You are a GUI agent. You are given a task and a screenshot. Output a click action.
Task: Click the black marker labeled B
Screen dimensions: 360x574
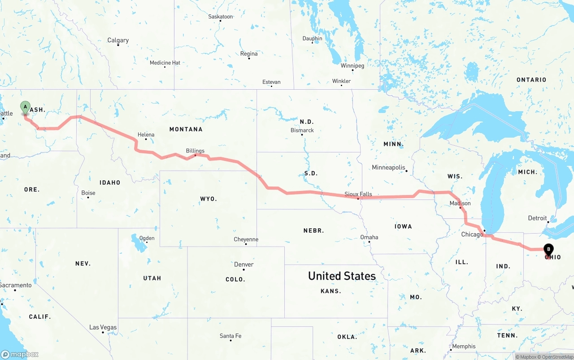tap(548, 250)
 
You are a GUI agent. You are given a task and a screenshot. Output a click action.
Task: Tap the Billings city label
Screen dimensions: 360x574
tap(195, 151)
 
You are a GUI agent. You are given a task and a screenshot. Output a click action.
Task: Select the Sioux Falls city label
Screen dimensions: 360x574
tap(358, 194)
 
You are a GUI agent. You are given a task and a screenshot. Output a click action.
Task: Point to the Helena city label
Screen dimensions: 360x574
tap(146, 134)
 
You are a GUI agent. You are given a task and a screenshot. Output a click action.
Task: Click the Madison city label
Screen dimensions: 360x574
tap(460, 203)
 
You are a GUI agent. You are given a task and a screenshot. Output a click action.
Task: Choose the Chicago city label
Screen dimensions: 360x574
tap(472, 234)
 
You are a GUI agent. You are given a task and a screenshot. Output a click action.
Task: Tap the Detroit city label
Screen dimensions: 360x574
tap(537, 218)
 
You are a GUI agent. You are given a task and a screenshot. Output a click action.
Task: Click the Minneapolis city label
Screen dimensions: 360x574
tap(388, 168)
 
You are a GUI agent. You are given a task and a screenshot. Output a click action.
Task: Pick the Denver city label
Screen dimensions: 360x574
tap(244, 265)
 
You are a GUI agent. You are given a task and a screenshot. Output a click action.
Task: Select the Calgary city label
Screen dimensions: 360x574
tap(118, 40)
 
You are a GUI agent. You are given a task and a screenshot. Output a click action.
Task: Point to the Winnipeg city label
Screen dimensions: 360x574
tap(352, 65)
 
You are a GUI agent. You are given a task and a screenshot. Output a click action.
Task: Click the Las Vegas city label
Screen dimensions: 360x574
tap(103, 327)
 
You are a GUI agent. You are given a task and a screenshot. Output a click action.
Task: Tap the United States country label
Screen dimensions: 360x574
tap(342, 276)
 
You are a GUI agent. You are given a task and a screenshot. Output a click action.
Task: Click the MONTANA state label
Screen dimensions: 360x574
tap(186, 129)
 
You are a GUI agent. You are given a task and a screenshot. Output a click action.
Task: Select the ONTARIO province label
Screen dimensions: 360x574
tap(531, 80)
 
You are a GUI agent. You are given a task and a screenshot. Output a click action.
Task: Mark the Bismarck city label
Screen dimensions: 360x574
tap(302, 130)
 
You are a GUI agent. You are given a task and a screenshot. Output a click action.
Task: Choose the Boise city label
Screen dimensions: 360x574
tap(88, 193)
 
